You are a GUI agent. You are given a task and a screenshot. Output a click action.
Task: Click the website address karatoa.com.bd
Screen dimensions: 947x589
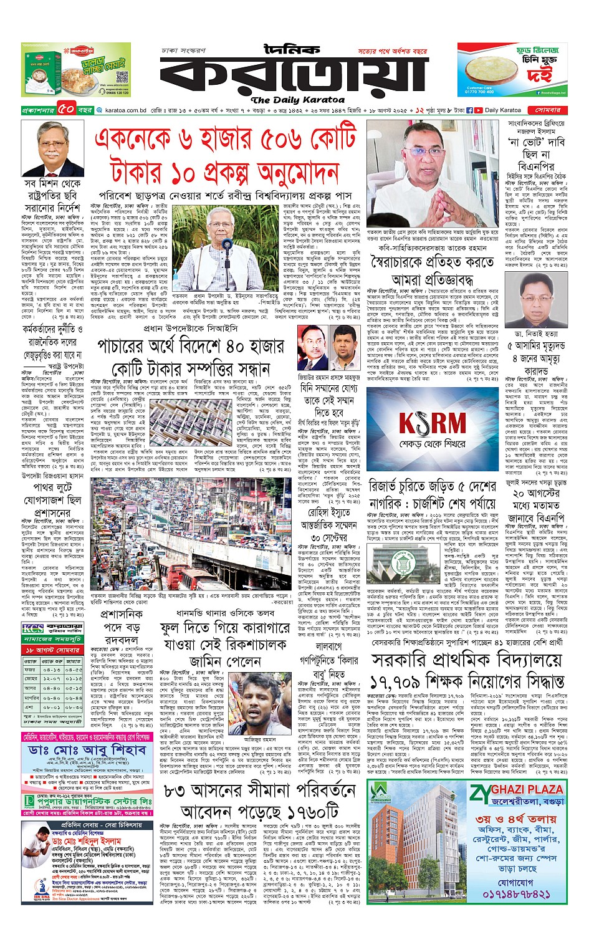[125, 110]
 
